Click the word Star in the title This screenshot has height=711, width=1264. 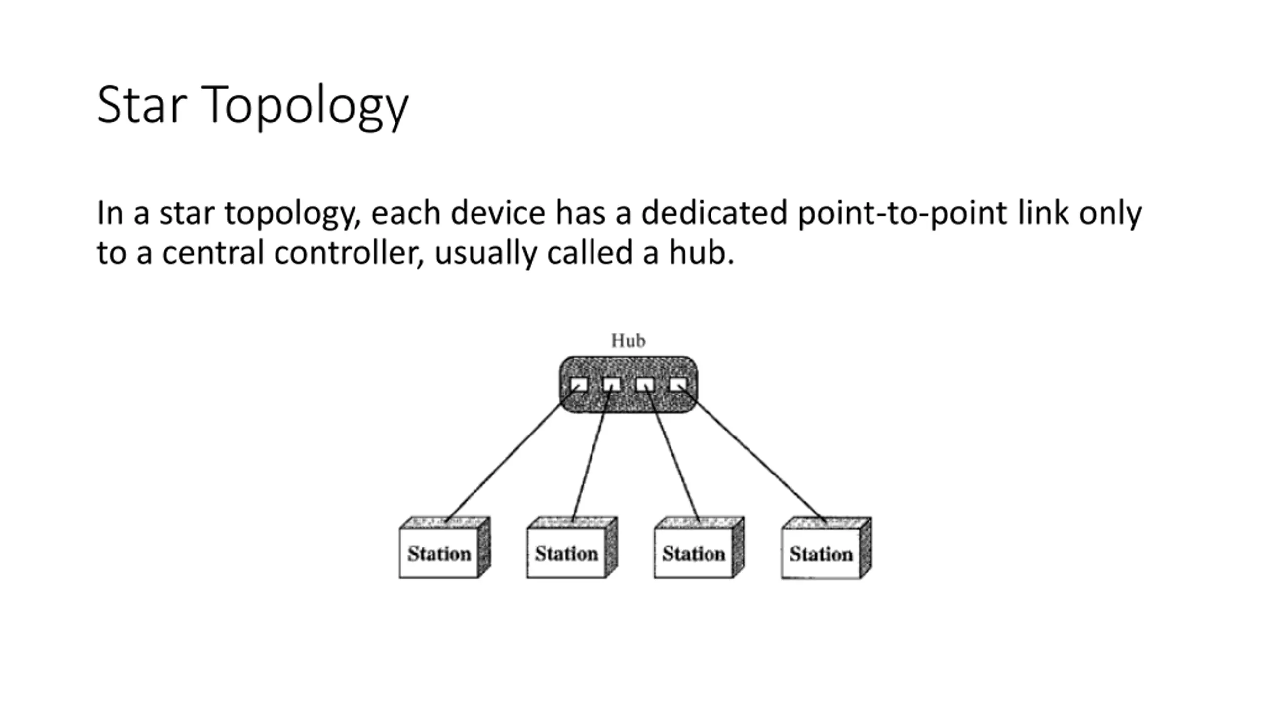pyautogui.click(x=142, y=105)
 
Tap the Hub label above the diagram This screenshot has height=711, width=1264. pyautogui.click(x=628, y=340)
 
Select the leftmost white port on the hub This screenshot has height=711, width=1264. pyautogui.click(x=579, y=384)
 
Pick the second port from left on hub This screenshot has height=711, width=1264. pyautogui.click(x=612, y=384)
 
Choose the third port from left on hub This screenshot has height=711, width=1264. pyautogui.click(x=645, y=384)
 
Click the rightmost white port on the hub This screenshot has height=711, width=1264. pyautogui.click(x=678, y=384)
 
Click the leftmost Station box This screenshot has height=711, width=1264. pyautogui.click(x=445, y=547)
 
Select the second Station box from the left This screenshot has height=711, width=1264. pyautogui.click(x=572, y=547)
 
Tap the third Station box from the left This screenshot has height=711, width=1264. pyautogui.click(x=699, y=547)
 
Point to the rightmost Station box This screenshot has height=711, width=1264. pyautogui.click(x=827, y=548)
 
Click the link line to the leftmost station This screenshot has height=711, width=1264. pyautogui.click(x=512, y=453)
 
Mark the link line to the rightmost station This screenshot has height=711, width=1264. pyautogui.click(x=752, y=453)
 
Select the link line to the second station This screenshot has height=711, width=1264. pyautogui.click(x=592, y=453)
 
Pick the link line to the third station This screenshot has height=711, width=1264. pyautogui.click(x=672, y=453)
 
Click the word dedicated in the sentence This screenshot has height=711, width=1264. pyautogui.click(x=714, y=213)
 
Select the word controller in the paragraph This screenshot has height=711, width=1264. pyautogui.click(x=349, y=253)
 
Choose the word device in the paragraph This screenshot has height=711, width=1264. pyautogui.click(x=498, y=213)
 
